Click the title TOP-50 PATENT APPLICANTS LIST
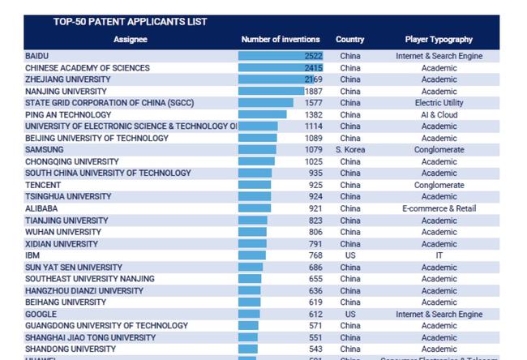[130, 22]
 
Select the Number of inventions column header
[281, 39]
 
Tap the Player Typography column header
[439, 39]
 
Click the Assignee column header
[131, 39]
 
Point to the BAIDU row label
[36, 56]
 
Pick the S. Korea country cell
[350, 150]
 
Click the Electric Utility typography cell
[439, 103]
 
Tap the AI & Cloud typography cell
[439, 115]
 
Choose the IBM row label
[32, 255]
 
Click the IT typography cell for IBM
[439, 255]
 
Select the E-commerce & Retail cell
[439, 208]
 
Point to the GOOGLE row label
[41, 314]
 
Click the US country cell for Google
[350, 314]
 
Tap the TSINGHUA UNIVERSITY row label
[68, 196]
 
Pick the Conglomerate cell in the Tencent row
[439, 185]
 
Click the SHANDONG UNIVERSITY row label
[71, 349]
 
